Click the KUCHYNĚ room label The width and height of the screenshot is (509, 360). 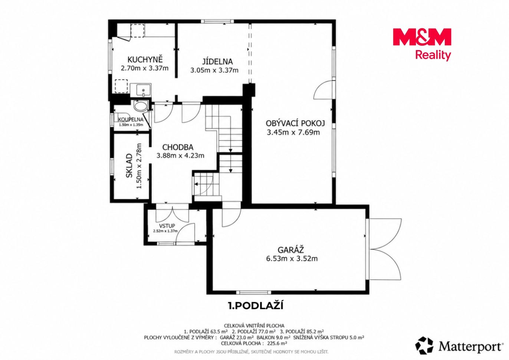(x=145, y=60)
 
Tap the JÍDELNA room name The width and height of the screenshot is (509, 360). (x=217, y=62)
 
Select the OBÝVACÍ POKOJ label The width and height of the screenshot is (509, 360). (x=295, y=123)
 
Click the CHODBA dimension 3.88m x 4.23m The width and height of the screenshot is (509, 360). (x=180, y=156)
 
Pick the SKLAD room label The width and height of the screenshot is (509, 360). (x=129, y=166)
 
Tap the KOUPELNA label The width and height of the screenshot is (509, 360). (x=131, y=120)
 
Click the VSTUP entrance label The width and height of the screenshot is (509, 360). (x=167, y=226)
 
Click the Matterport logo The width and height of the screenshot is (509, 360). (x=459, y=347)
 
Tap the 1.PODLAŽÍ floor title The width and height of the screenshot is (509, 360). (x=256, y=306)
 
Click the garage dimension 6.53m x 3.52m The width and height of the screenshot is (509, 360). (x=292, y=258)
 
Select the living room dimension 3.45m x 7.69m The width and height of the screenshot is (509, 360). (x=293, y=132)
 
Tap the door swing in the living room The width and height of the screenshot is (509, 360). (x=323, y=90)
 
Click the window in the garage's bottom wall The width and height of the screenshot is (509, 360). (x=254, y=292)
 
